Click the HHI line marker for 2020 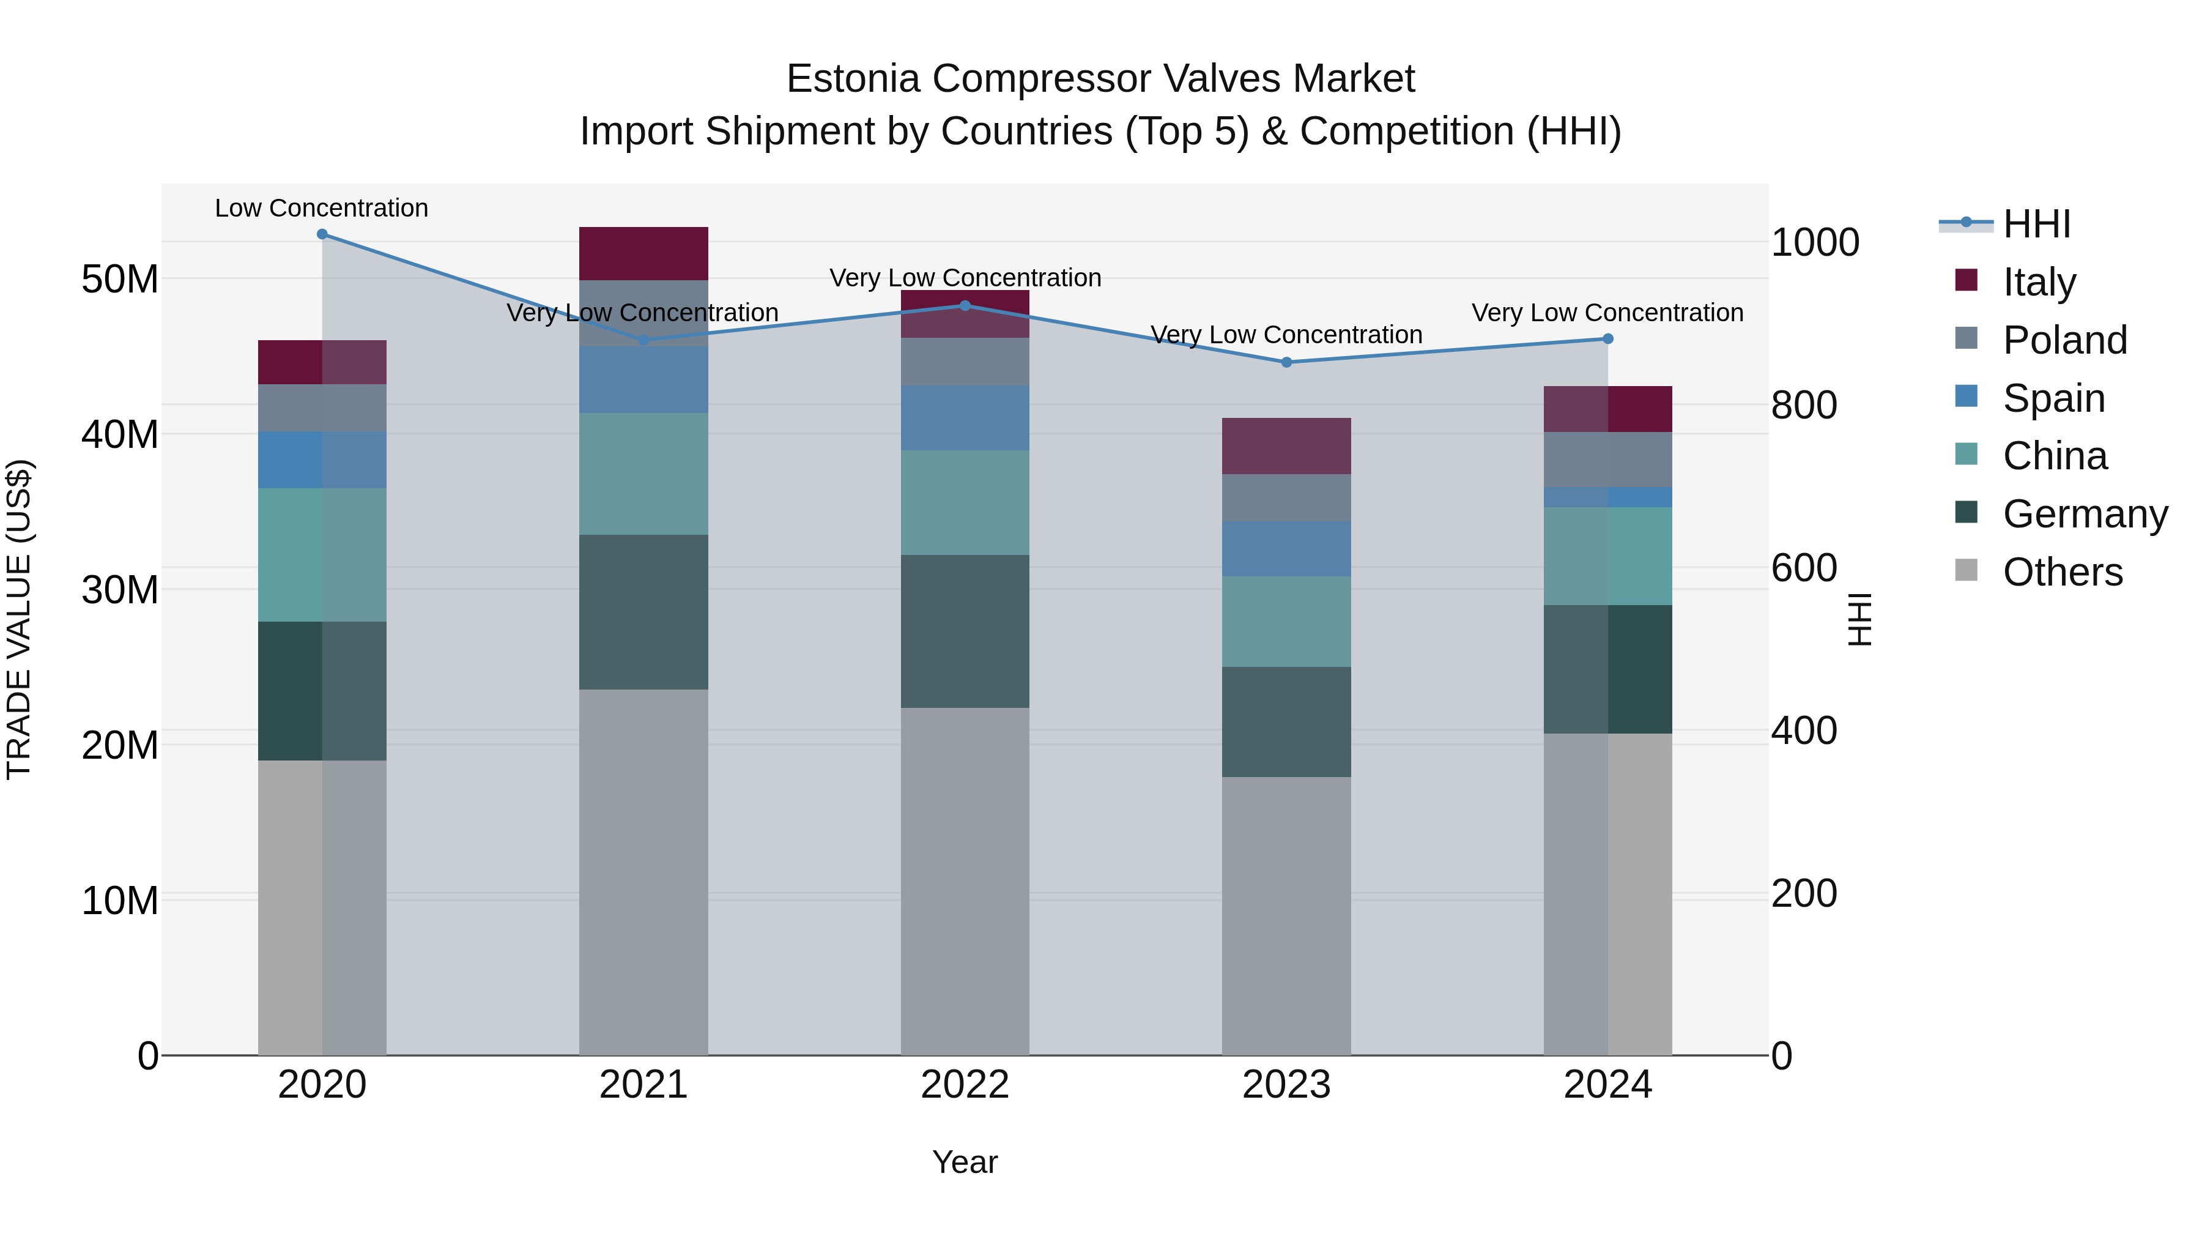pos(322,234)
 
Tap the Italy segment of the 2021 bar pos(643,253)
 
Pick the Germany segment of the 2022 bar pos(965,631)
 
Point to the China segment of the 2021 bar pos(643,474)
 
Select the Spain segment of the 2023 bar pos(1286,549)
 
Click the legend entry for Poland pos(2064,340)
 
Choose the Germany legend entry pos(2084,514)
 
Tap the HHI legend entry pos(2036,224)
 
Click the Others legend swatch pos(1966,570)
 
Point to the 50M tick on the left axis pos(120,280)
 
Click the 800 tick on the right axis pos(1804,405)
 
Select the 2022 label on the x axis pos(965,1085)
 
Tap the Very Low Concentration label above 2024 pos(1607,313)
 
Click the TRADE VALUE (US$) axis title pos(19,619)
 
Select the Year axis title pos(965,1162)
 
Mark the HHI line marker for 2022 pos(965,305)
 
